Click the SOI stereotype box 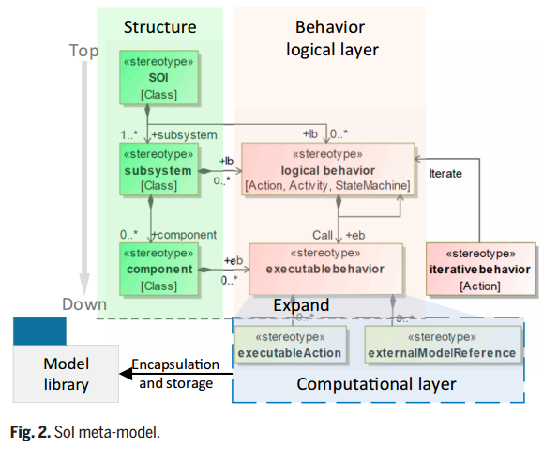click(158, 77)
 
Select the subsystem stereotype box click(158, 170)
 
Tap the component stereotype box click(158, 270)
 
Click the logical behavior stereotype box click(328, 169)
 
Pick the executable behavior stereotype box click(325, 269)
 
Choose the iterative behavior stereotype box click(481, 270)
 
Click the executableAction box click(290, 345)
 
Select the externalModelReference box click(443, 345)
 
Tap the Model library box click(66, 374)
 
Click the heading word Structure click(160, 27)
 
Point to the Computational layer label click(376, 384)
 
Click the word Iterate click(445, 173)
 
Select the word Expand click(301, 305)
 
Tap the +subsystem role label click(184, 135)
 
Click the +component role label click(184, 235)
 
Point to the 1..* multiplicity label click(128, 134)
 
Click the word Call click(323, 235)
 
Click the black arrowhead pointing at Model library click(126, 374)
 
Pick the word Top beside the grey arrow click(83, 51)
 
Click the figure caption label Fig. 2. click(30, 432)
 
